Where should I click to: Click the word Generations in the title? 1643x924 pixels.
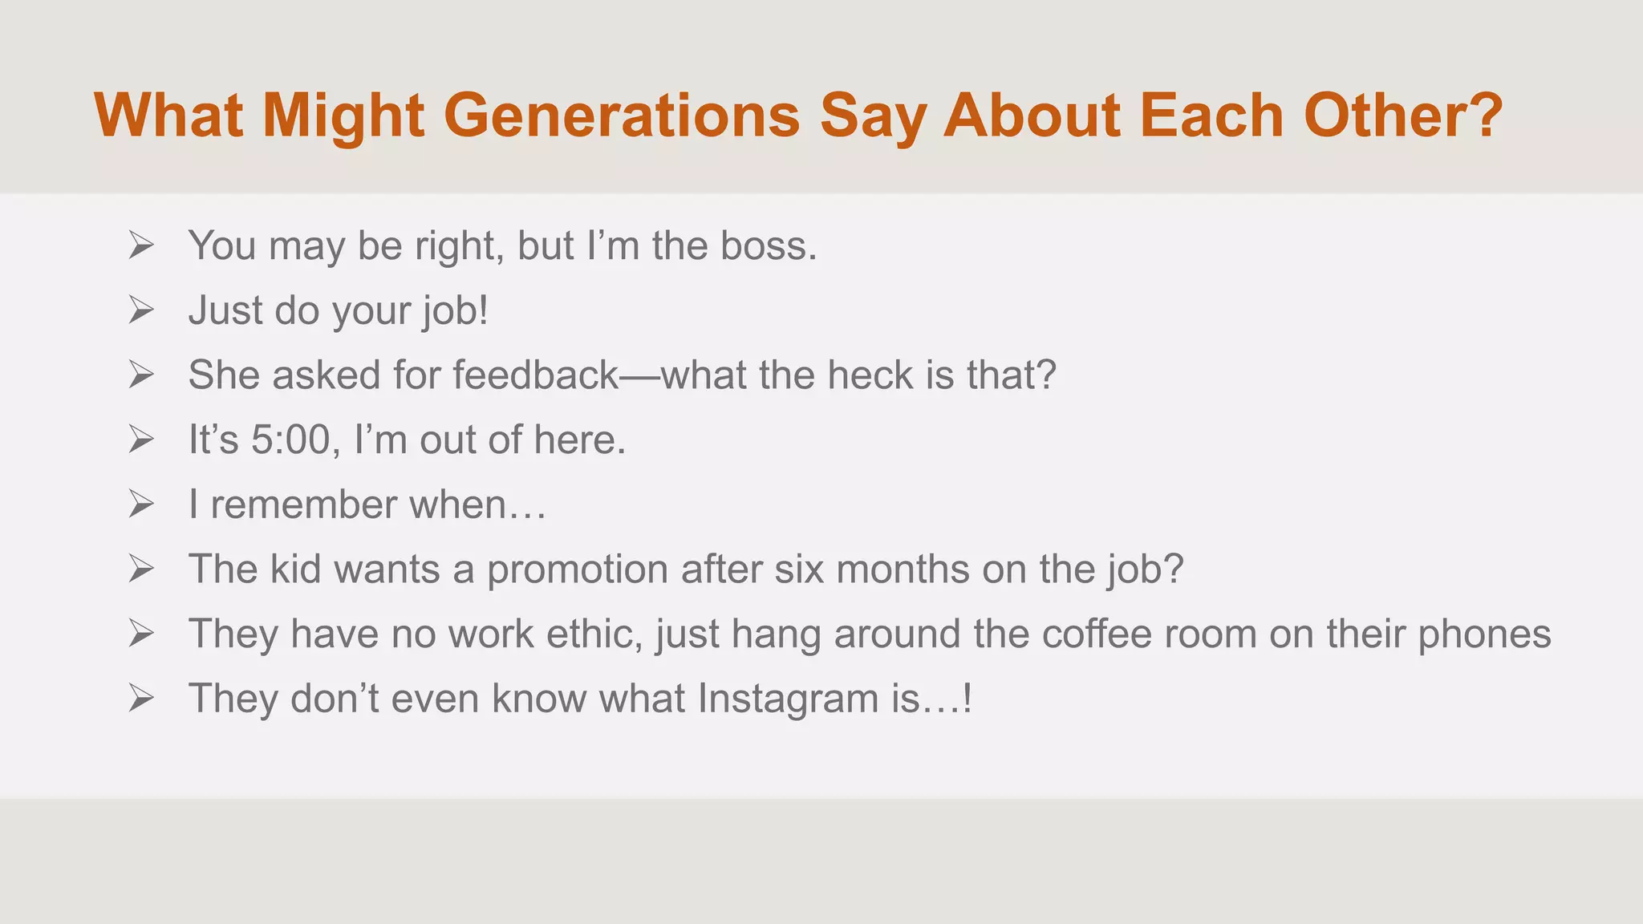pos(622,116)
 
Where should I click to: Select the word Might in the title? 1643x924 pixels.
pos(343,116)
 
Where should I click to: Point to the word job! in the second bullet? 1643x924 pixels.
pos(456,311)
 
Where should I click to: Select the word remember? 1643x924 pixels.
pos(303,505)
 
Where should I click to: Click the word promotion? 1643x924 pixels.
pos(577,570)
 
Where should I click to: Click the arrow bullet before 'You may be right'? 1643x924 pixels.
pos(141,245)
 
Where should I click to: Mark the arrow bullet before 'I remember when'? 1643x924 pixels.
pos(141,505)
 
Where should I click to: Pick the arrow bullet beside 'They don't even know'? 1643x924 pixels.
pos(141,699)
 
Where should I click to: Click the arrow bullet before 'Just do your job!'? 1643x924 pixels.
pos(141,310)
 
